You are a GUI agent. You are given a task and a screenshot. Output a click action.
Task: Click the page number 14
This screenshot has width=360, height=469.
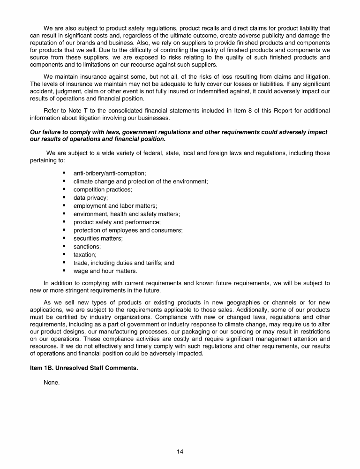click(180, 452)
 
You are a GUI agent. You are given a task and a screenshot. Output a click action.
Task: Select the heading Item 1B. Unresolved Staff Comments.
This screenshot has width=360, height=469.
click(84, 368)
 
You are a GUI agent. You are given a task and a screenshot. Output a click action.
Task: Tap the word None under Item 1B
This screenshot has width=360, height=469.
click(52, 383)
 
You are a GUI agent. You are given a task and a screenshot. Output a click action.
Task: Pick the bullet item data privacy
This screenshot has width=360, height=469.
click(90, 197)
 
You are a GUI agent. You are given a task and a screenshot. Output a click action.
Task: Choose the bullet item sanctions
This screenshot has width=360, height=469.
click(87, 246)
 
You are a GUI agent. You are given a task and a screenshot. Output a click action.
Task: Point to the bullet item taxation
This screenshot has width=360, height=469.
click(85, 255)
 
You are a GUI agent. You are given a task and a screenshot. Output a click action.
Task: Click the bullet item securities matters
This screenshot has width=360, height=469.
click(98, 238)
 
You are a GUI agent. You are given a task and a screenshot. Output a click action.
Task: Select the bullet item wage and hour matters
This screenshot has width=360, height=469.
click(105, 271)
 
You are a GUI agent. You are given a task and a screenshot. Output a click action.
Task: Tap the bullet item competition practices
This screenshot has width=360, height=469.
click(103, 189)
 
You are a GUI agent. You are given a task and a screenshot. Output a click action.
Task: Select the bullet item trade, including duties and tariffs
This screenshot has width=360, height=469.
click(124, 263)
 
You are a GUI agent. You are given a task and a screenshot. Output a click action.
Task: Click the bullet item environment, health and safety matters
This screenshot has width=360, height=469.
click(127, 214)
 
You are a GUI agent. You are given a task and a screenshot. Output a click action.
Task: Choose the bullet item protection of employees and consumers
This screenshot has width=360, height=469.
click(128, 230)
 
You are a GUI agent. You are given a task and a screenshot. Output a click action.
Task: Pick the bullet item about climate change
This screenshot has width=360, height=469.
click(141, 182)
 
